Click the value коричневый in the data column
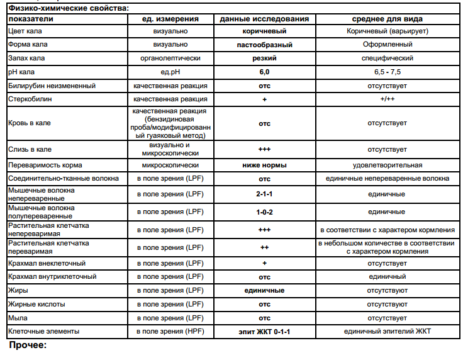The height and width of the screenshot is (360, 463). (264, 30)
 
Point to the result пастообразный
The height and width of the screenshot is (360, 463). (264, 44)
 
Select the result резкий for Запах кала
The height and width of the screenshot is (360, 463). (264, 58)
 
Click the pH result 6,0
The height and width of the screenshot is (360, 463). (264, 72)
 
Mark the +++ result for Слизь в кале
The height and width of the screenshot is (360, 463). (264, 150)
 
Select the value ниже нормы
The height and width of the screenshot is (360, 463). (264, 165)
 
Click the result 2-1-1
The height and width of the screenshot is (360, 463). (264, 194)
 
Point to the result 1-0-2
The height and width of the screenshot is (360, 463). (264, 211)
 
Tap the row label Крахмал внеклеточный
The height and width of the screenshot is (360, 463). (47, 263)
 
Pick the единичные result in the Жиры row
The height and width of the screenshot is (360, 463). (264, 290)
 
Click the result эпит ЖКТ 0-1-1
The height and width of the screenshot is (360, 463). (264, 332)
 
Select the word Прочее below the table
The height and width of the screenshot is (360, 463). (28, 346)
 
